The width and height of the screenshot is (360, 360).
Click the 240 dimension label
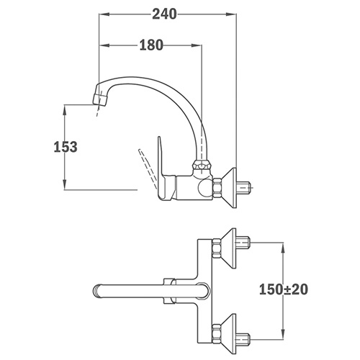[x=164, y=14]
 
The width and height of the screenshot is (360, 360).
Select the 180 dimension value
[x=151, y=45]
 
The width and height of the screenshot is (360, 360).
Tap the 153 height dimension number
[x=66, y=147]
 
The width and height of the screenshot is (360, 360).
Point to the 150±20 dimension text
[x=284, y=289]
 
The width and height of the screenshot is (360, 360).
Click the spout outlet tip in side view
[x=100, y=101]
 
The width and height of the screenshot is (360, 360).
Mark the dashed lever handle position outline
[x=147, y=168]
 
